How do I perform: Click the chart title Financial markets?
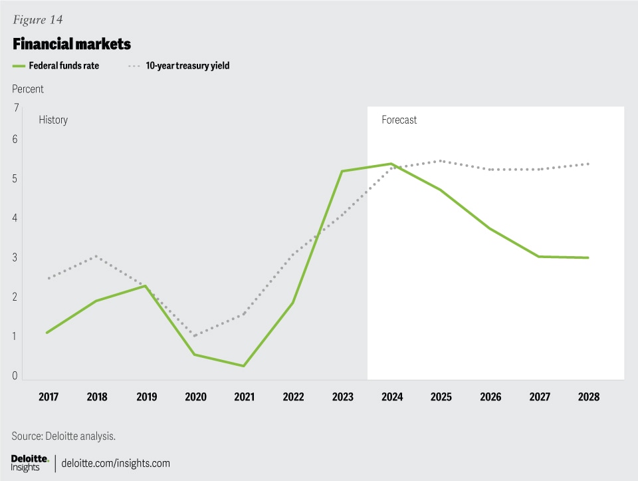(x=71, y=45)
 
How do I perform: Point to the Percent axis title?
(x=28, y=88)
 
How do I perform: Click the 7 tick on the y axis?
(x=15, y=108)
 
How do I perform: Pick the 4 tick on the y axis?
(x=15, y=218)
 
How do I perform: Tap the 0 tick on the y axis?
(x=15, y=377)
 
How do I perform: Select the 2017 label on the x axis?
(x=49, y=397)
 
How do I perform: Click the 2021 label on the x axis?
(x=244, y=397)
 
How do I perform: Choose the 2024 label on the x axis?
(x=392, y=397)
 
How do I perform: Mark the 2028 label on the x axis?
(x=588, y=397)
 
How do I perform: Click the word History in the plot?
(x=53, y=120)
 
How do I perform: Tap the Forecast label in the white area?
(x=399, y=120)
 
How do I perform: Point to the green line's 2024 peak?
(x=392, y=164)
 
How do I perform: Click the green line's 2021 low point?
(x=244, y=366)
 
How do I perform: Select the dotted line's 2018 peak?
(x=97, y=256)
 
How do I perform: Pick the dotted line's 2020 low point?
(x=195, y=335)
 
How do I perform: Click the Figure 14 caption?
(x=37, y=19)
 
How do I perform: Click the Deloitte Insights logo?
(x=30, y=463)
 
